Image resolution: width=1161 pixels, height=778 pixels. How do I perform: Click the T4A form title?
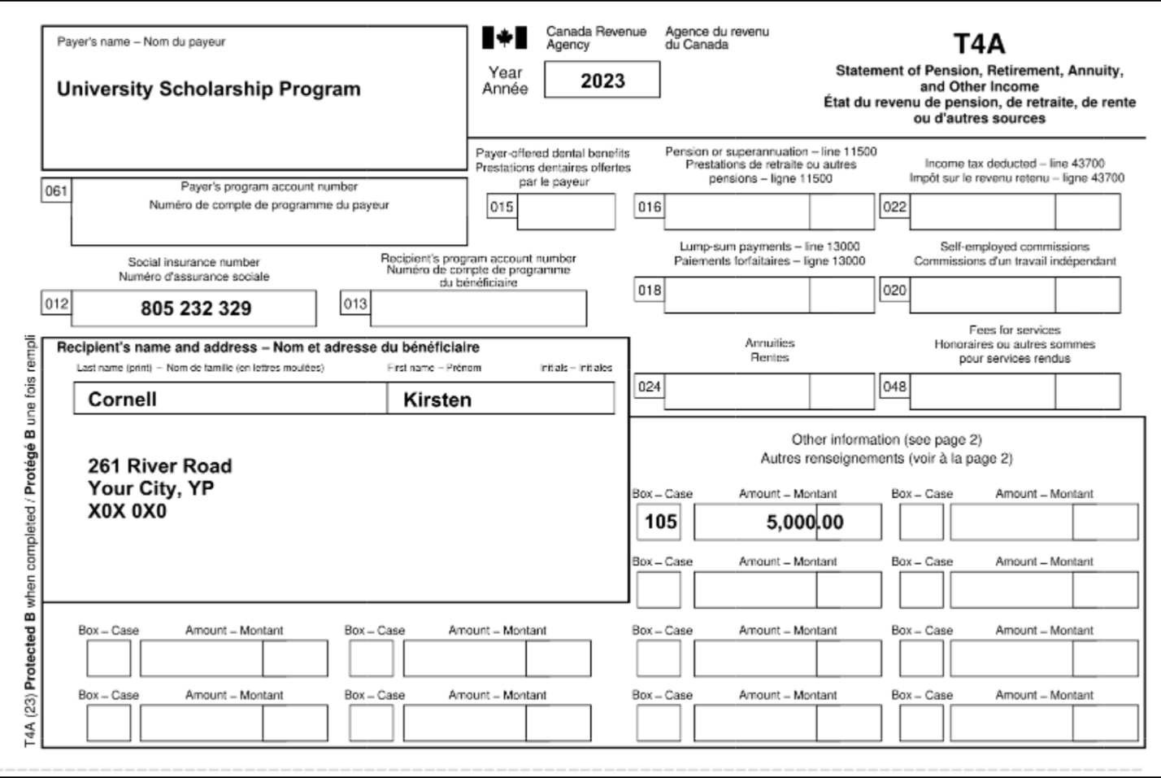[978, 44]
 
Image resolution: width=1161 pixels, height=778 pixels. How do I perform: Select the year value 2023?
[602, 81]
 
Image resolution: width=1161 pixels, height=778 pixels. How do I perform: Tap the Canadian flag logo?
[504, 37]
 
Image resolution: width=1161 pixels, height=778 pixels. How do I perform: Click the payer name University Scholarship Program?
[208, 89]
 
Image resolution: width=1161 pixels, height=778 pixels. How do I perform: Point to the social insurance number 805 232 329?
[196, 308]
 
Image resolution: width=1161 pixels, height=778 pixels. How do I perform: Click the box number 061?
[56, 191]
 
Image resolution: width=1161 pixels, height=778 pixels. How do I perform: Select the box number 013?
[355, 304]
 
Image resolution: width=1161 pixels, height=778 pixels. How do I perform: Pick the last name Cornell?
[122, 399]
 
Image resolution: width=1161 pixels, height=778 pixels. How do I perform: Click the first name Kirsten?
[437, 400]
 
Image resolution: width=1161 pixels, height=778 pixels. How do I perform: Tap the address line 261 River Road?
[159, 466]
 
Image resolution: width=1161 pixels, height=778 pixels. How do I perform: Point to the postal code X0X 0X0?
[127, 511]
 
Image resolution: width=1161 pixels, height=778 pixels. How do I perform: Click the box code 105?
[660, 522]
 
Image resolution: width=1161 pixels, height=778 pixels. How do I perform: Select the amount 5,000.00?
[804, 522]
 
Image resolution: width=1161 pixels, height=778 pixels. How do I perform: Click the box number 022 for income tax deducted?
[894, 207]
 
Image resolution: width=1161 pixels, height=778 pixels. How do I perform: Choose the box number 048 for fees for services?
[894, 387]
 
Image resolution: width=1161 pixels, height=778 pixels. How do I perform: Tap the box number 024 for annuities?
[649, 387]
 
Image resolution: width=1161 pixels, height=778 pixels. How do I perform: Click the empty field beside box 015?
[566, 212]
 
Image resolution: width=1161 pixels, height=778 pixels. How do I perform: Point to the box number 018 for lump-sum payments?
[649, 291]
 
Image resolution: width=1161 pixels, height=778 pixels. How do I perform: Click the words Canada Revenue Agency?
[595, 37]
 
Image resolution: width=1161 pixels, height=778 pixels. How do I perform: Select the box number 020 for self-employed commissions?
[894, 291]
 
